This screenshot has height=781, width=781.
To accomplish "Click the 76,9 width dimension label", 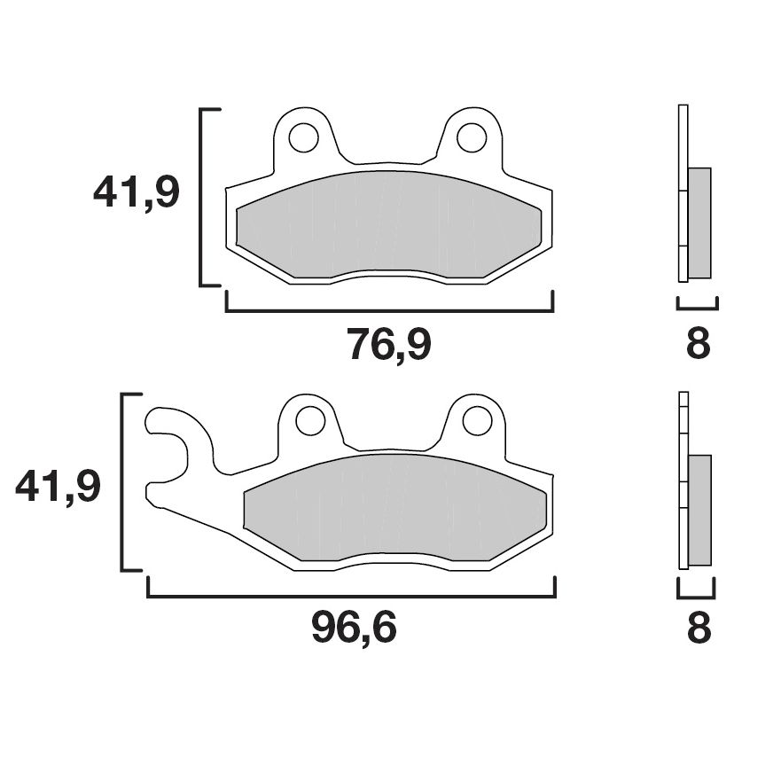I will coord(388,345).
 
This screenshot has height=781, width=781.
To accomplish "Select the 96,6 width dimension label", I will coord(353,629).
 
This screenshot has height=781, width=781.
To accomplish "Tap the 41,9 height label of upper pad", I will coord(137,192).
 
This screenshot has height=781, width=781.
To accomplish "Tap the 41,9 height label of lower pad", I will coord(59,487).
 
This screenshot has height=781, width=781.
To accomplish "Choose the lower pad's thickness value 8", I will coord(699,629).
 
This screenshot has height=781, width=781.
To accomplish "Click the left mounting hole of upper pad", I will coord(304,137).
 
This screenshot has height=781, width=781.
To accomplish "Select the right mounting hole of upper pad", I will coord(471,137).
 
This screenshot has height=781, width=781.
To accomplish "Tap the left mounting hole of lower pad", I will coord(310,420).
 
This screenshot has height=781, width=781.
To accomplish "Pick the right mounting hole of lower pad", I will coord(477,420).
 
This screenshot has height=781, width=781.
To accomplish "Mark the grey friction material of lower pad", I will coord(394,507).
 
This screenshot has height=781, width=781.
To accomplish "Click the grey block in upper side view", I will coord(699,223).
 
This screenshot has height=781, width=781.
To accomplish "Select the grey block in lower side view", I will coord(699,509).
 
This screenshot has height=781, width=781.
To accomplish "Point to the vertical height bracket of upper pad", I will coord(202,197).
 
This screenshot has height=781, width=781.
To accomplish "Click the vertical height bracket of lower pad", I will coord(123,481).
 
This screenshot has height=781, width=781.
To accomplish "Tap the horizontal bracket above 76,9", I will coord(389,310).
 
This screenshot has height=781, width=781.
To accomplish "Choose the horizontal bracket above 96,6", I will coord(351,596).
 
